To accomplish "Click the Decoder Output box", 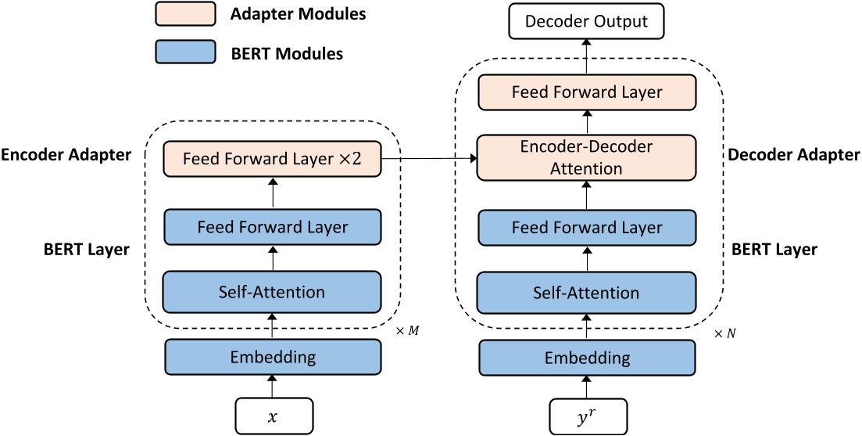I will pyautogui.click(x=586, y=21).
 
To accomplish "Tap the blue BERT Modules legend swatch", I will pyautogui.click(x=182, y=52).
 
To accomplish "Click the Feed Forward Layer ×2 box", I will pyautogui.click(x=272, y=159).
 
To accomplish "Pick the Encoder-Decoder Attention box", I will pyautogui.click(x=586, y=157).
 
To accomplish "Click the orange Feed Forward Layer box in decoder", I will pyautogui.click(x=586, y=92).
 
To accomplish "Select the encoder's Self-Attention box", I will pyautogui.click(x=272, y=292).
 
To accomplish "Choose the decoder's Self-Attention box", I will pyautogui.click(x=586, y=293).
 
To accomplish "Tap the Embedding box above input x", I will pyautogui.click(x=272, y=358).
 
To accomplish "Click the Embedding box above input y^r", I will pyautogui.click(x=586, y=359).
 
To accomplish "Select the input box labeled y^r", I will pyautogui.click(x=586, y=416).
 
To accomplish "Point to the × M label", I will pyautogui.click(x=407, y=331).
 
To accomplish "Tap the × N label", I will pyautogui.click(x=724, y=333).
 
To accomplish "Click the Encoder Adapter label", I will pyautogui.click(x=66, y=155).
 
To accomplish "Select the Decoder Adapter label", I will pyautogui.click(x=793, y=155).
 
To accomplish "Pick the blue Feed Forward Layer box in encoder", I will pyautogui.click(x=272, y=227).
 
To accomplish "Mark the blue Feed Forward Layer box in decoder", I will pyautogui.click(x=586, y=228).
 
